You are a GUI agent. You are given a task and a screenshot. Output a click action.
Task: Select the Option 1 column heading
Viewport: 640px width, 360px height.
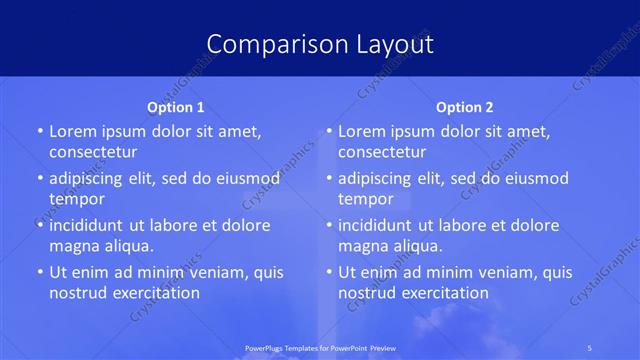coord(176,107)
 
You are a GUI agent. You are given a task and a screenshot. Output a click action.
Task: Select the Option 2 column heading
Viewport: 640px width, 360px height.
coord(465,107)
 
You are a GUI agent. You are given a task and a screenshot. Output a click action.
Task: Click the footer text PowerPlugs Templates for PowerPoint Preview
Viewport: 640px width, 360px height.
coord(319,347)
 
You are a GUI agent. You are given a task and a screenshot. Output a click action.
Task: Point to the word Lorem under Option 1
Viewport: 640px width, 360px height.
coord(73,131)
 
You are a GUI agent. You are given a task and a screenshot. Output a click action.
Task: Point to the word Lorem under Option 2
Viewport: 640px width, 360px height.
coord(362,131)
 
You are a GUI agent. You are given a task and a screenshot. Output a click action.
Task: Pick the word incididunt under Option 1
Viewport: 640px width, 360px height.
coord(90,225)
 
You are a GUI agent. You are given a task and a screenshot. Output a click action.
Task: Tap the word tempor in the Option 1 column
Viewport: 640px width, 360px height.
coord(77,198)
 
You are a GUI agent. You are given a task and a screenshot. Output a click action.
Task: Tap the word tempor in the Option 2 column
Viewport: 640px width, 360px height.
coord(366,198)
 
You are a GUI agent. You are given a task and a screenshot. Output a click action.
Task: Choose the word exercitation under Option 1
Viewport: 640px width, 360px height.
coord(153,292)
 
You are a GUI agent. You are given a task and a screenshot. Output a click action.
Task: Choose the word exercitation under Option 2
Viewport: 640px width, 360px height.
coord(442,292)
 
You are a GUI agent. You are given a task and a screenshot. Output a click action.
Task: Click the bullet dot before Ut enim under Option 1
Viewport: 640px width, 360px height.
coord(38,272)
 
